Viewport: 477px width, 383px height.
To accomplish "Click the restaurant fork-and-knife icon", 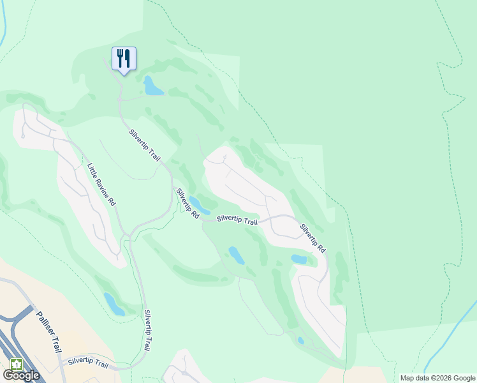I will [x=124, y=59].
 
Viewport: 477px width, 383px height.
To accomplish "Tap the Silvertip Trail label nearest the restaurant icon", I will [x=145, y=145].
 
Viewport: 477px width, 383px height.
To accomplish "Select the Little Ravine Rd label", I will [x=101, y=184].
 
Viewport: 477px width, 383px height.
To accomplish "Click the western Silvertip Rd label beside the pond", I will [x=188, y=204].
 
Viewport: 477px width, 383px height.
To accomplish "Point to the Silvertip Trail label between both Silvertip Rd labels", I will [x=237, y=220].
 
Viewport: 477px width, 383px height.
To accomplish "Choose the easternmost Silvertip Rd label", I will [x=312, y=238].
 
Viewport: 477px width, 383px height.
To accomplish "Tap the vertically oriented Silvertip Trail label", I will [x=147, y=330].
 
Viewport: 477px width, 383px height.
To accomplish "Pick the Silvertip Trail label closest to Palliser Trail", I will [x=88, y=362].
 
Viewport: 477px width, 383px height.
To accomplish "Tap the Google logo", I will [x=21, y=375].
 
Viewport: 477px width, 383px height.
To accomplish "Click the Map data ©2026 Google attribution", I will [x=437, y=378].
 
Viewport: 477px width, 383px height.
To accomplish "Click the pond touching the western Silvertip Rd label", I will [x=200, y=206].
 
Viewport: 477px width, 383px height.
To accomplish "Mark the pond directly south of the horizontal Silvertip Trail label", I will [x=236, y=255].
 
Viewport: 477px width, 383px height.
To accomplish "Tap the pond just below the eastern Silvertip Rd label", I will [x=299, y=259].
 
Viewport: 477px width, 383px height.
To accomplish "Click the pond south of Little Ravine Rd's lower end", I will [x=114, y=304].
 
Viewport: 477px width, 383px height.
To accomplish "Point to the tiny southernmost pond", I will [x=300, y=340].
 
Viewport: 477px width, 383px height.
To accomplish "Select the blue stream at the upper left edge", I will [x=3, y=26].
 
